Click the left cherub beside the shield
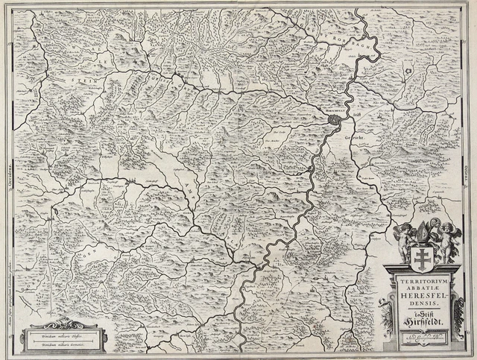tap(403, 239)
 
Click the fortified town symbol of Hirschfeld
tap(335, 119)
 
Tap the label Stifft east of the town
tap(356, 116)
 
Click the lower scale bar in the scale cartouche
tap(63, 345)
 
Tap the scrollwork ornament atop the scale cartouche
tap(63, 323)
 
